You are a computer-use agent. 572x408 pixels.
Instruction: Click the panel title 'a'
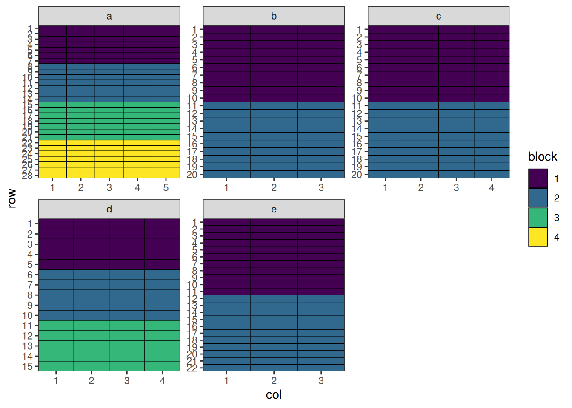[109, 16]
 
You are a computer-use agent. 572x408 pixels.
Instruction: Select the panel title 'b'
[274, 16]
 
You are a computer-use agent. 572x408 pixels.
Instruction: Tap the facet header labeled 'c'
[438, 16]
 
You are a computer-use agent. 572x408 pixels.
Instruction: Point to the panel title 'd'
[109, 209]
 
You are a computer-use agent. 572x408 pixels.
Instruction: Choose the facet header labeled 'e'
[274, 209]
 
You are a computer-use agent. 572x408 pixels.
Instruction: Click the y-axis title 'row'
[12, 198]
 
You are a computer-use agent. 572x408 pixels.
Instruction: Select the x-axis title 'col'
[274, 395]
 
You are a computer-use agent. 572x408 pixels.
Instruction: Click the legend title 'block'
[542, 157]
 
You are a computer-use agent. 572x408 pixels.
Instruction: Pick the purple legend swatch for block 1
[538, 178]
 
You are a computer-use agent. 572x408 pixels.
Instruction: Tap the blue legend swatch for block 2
[538, 198]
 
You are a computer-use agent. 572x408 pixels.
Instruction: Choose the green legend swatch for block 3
[538, 218]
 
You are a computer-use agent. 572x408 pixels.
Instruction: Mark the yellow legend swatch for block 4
[538, 237]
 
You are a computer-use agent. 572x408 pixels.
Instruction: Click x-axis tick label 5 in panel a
[166, 187]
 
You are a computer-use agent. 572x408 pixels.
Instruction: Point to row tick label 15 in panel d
[28, 366]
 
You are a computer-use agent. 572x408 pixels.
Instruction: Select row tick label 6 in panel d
[30, 275]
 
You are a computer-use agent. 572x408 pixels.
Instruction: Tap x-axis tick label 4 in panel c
[492, 187]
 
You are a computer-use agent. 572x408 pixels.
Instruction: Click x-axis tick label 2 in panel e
[274, 381]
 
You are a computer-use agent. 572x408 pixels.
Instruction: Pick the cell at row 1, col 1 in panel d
[56, 224]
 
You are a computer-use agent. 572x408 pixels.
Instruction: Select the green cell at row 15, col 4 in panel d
[162, 366]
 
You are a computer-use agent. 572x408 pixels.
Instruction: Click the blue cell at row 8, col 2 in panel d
[92, 295]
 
